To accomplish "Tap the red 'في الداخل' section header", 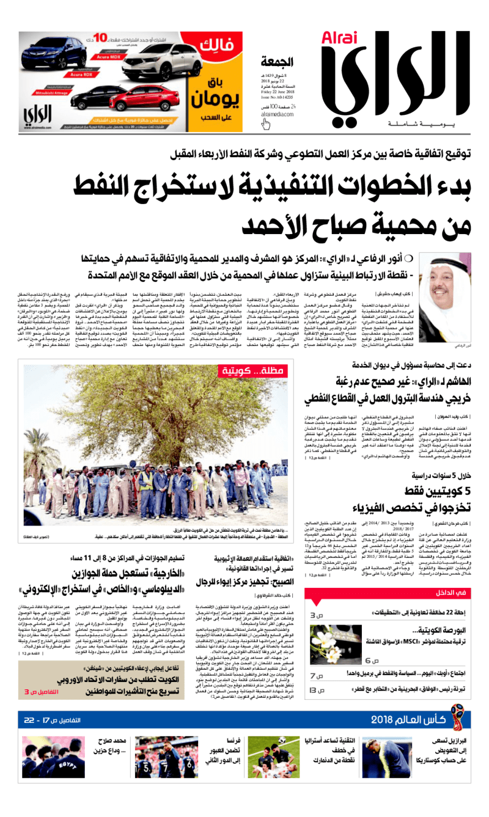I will coord(455,593).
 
